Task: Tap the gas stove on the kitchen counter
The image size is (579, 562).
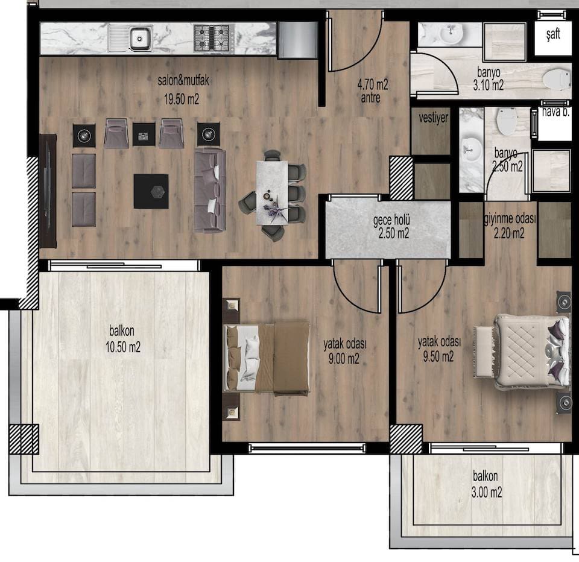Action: (214, 37)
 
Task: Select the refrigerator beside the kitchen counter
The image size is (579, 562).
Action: (297, 40)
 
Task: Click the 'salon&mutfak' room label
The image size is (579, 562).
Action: (183, 80)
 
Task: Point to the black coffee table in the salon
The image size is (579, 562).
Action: (151, 191)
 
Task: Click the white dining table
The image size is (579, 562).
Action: (272, 192)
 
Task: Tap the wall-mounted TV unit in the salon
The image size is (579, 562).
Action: (48, 191)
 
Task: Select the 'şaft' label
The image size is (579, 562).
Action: (553, 34)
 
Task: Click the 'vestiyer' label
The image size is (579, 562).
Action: (434, 118)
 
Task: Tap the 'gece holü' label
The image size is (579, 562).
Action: (391, 220)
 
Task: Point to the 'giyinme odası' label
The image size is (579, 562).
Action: (510, 219)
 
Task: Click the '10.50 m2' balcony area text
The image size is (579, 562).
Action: (123, 347)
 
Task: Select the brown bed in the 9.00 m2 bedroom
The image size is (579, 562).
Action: (267, 358)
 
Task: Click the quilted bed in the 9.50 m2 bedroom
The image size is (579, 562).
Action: (521, 352)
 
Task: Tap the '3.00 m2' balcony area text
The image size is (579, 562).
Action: (487, 492)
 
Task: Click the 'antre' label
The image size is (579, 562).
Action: (371, 98)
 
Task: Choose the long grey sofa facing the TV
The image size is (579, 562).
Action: (210, 191)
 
